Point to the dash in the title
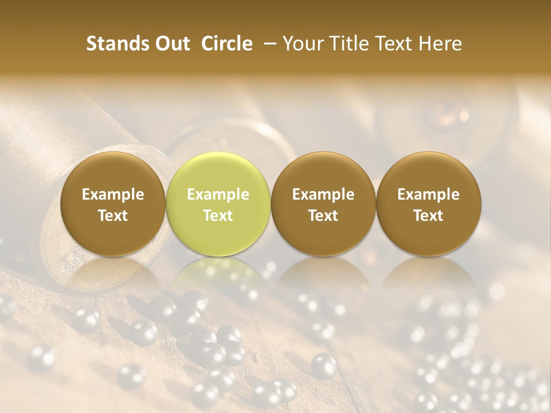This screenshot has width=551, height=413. tap(268, 44)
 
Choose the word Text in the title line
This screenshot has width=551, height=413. tap(396, 44)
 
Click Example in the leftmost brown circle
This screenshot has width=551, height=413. tap(112, 194)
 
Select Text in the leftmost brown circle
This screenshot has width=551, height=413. tap(112, 216)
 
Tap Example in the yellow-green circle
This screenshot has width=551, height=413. tap(218, 194)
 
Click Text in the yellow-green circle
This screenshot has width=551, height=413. tap(218, 216)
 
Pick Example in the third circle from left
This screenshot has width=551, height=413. tap(323, 194)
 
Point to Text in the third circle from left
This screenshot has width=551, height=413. tap(323, 216)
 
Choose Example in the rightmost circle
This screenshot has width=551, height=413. tap(428, 194)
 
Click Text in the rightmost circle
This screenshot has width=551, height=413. tap(428, 216)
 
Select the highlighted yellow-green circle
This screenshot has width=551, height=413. tap(218, 172)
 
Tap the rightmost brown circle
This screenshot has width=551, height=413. tap(428, 172)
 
